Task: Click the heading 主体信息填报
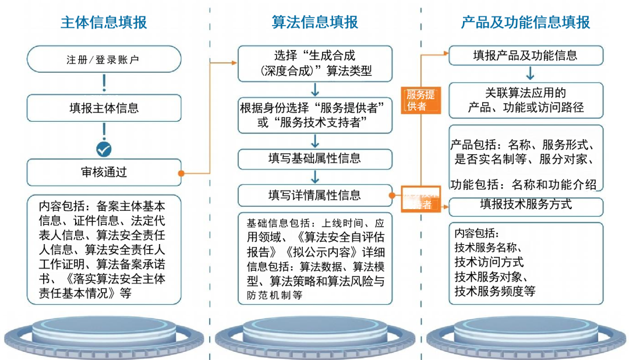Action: click(x=104, y=23)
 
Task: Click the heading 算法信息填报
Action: click(x=314, y=23)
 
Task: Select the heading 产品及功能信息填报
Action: click(x=525, y=23)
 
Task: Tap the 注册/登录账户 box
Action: click(x=104, y=59)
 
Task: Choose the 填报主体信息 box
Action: click(x=104, y=108)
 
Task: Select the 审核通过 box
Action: click(x=104, y=172)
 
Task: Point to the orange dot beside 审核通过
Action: click(x=181, y=173)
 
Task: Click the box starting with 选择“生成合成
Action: click(x=314, y=64)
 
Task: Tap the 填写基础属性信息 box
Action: click(x=314, y=158)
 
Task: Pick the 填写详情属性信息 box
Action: click(x=314, y=195)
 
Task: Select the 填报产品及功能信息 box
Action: click(x=525, y=56)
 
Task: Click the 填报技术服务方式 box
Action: click(x=525, y=204)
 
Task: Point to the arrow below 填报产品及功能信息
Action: click(x=530, y=73)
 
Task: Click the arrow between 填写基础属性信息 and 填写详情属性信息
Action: click(x=314, y=177)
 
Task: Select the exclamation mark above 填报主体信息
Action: click(x=104, y=83)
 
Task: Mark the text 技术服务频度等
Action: click(x=494, y=291)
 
